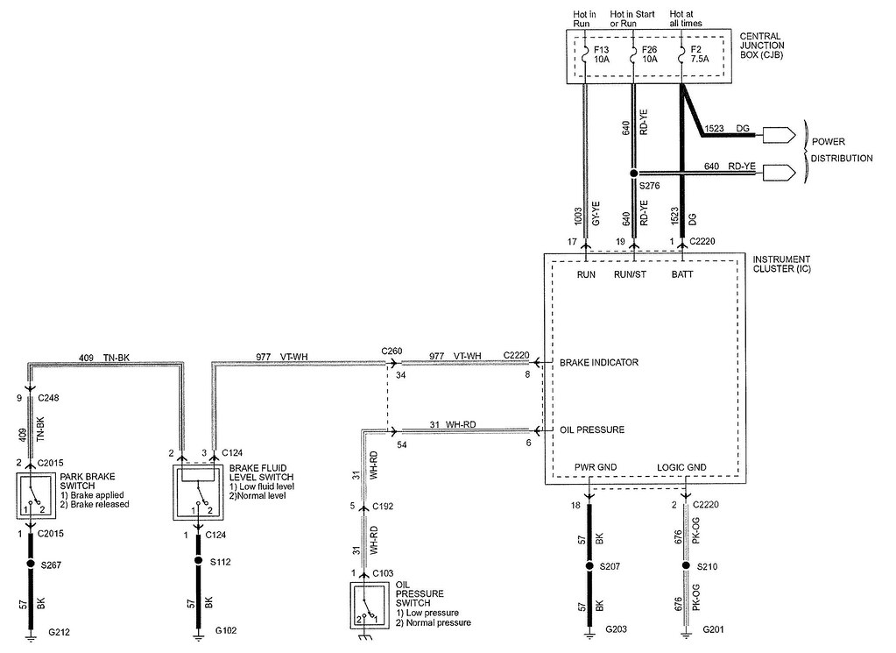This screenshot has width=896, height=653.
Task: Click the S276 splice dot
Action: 633,174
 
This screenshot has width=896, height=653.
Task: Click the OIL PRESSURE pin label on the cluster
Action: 592,429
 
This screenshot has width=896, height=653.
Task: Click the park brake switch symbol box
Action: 32,496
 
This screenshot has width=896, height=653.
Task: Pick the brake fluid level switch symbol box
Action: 199,496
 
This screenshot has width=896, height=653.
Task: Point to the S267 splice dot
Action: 32,564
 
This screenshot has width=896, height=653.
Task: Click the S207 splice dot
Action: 589,566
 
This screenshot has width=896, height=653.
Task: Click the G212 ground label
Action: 60,629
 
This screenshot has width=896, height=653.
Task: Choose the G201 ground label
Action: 715,629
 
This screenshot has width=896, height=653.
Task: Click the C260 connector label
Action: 391,351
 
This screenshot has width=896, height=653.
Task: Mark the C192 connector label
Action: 384,506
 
